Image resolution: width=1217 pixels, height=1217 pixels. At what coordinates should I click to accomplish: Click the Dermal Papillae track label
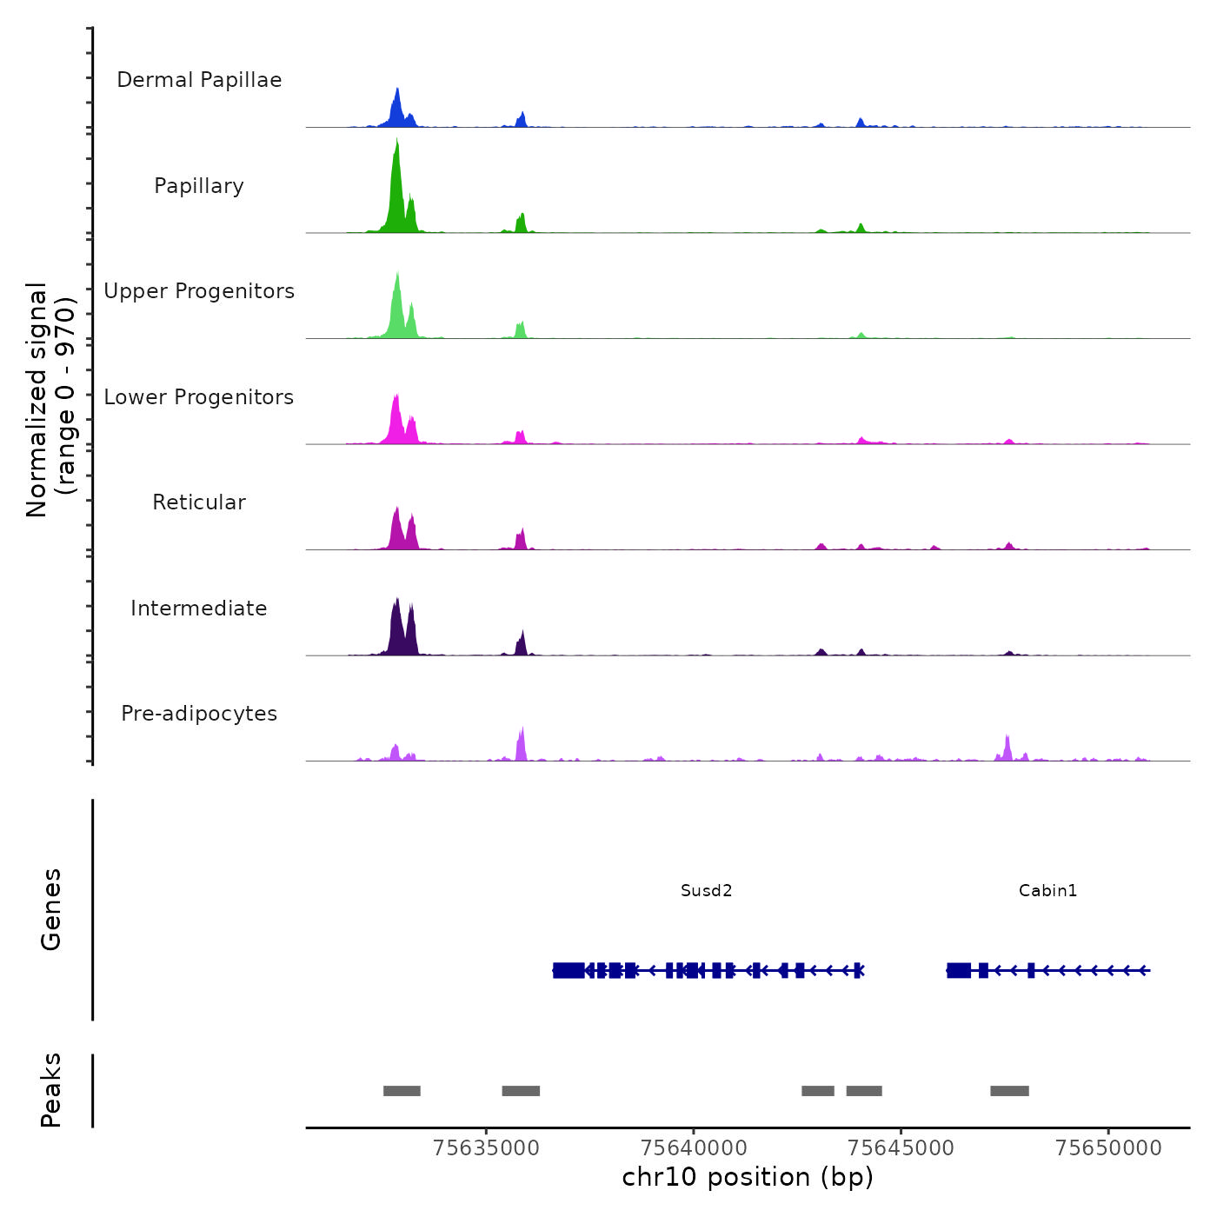coord(199,80)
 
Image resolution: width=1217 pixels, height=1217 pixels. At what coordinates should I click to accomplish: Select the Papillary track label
coord(199,186)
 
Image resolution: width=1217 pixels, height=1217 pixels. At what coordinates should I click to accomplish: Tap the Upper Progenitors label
coord(199,291)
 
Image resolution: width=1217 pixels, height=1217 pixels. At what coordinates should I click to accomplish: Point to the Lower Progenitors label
coord(199,397)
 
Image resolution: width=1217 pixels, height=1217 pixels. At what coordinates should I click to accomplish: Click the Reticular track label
coord(199,502)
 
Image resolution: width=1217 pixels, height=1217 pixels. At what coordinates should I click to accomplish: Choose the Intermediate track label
coord(199,608)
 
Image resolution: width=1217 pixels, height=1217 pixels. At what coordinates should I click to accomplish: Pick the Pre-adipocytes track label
coord(199,714)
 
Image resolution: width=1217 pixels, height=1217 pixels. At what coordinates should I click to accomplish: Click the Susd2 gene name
coord(706,890)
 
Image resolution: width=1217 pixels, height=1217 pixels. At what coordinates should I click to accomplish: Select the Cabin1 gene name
coord(1047,890)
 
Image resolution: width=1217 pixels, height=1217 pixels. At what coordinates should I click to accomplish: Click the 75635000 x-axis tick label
coord(486,1148)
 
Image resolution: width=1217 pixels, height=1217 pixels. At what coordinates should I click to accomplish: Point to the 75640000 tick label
coord(694,1148)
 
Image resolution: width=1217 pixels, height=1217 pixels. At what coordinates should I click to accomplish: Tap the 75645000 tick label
coord(901,1148)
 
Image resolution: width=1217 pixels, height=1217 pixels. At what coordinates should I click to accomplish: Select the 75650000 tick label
coord(1108,1148)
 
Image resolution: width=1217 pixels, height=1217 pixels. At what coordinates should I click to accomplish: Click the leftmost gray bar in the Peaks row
coord(402,1091)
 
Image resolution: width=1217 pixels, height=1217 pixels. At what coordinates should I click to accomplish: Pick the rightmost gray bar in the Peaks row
coord(1009,1091)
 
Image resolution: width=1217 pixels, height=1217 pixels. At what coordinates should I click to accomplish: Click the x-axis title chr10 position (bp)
coord(748,1177)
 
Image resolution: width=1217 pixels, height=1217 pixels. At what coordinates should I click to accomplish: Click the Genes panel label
coord(51,909)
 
